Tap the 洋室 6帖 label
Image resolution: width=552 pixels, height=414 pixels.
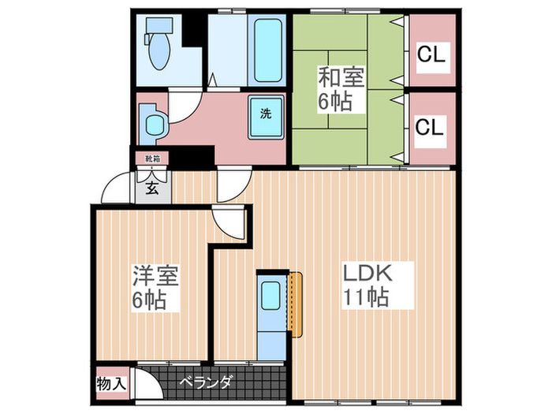(155, 289)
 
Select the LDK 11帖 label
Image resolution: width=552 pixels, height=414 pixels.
(367, 285)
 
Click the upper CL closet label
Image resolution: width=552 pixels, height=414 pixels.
(431, 54)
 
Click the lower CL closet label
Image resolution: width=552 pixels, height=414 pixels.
(431, 126)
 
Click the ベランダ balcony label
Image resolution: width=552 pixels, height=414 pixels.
(204, 382)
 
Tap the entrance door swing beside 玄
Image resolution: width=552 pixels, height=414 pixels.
(118, 188)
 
